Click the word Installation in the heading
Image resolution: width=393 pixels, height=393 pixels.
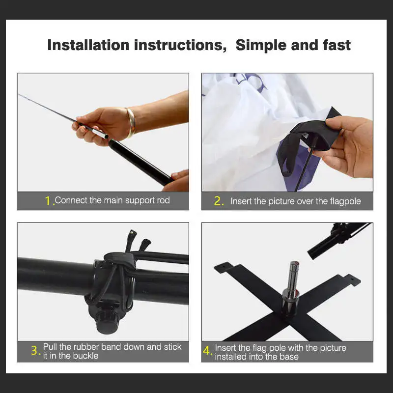pos(88,45)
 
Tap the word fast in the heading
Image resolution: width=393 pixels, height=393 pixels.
pos(337,45)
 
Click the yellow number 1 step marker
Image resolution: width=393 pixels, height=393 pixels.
pos(48,201)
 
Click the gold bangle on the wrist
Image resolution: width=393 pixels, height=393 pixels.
pos(131,122)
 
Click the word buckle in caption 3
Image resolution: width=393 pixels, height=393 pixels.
pos(85,356)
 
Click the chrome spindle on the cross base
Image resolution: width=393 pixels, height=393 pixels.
pos(291,289)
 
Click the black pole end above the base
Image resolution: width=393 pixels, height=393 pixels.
pos(334,241)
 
